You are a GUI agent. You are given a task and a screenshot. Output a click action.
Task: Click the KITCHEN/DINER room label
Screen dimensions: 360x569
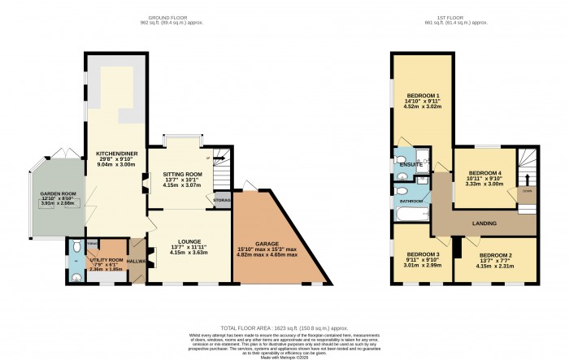[115, 153]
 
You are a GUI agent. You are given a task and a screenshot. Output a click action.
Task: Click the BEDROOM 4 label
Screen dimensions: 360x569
[484, 172]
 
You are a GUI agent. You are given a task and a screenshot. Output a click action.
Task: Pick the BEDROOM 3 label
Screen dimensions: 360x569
[422, 255]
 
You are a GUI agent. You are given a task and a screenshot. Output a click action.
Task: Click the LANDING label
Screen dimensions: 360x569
[484, 220]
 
